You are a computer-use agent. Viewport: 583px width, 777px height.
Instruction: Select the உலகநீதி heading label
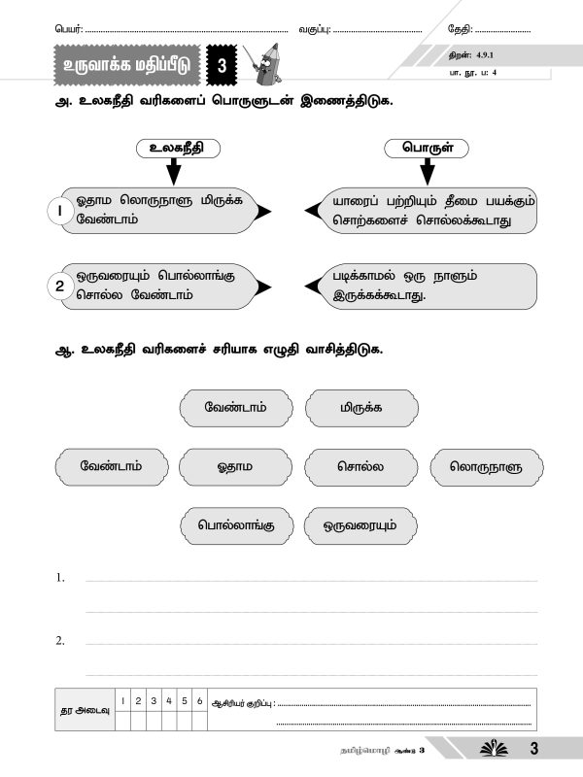coord(173,149)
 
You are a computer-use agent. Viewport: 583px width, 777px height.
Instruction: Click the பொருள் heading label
coord(425,149)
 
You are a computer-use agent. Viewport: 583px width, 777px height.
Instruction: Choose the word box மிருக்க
coord(360,407)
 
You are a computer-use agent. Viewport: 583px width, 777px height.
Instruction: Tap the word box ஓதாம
coord(234,466)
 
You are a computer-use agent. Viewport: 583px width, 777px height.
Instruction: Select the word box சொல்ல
coord(360,466)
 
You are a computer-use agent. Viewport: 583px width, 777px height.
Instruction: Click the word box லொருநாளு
coord(485,466)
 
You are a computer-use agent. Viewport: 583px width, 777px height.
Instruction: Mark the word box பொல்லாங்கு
coord(234,525)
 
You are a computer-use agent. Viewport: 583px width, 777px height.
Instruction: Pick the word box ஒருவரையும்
coord(360,525)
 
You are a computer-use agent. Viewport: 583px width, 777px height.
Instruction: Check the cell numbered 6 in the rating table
coord(199,700)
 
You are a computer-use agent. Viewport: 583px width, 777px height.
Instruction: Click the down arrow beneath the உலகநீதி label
coord(173,172)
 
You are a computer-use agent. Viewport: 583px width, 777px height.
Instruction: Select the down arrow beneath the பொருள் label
coord(425,172)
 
